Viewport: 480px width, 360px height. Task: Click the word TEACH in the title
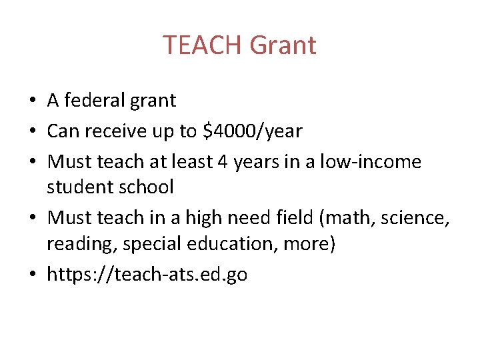coord(202,45)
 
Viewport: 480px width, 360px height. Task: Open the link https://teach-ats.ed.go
coord(147,275)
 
